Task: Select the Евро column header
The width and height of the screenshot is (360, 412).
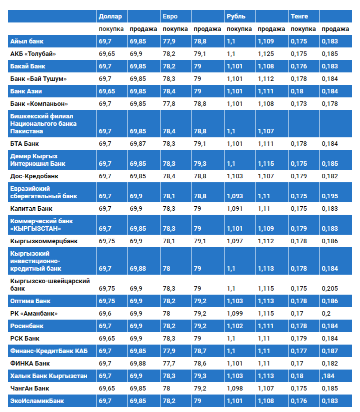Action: pos(170,16)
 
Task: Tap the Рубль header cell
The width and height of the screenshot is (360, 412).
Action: pos(236,16)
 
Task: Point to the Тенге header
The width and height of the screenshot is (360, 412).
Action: pos(299,16)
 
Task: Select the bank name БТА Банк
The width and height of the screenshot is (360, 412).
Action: pos(24,144)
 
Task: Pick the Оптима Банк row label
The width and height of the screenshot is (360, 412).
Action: pos(30,301)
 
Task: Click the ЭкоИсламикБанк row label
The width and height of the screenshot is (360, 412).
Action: pos(37,401)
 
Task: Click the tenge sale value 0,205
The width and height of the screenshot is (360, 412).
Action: pos(330,288)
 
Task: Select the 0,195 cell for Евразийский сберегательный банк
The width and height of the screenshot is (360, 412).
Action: pos(330,196)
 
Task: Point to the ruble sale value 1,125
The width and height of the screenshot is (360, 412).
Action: pos(266,53)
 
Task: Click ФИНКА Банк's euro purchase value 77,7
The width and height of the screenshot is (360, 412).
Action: pos(169,364)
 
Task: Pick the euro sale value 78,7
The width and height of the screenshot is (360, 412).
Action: pos(200,351)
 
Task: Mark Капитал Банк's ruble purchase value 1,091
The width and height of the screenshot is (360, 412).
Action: pos(235,209)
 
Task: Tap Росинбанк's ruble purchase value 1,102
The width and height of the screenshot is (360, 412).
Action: pos(235,326)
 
